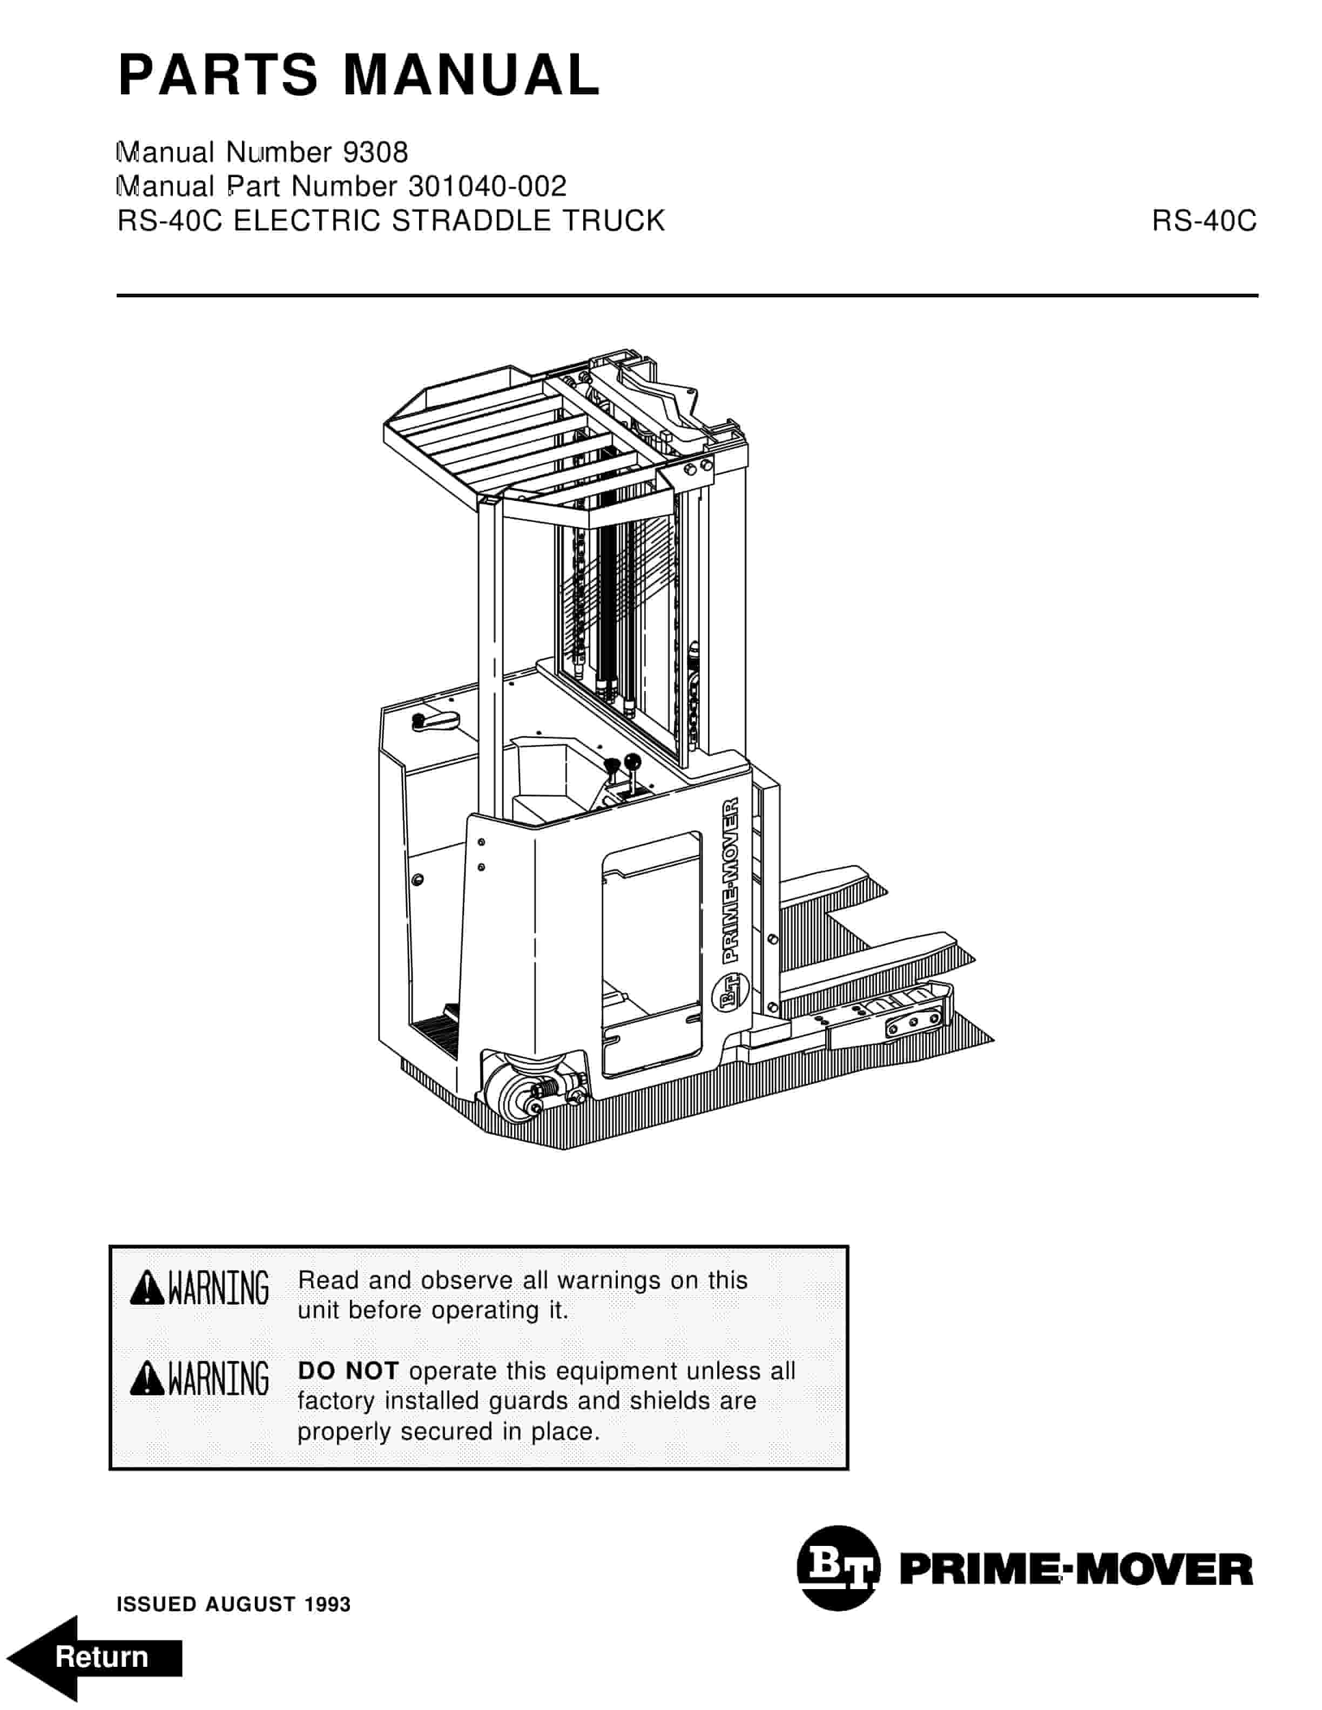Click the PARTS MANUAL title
[x=359, y=76]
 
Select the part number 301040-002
[x=487, y=186]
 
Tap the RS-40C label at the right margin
[x=1204, y=222]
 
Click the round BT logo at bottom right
[x=838, y=1568]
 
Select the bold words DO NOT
[x=348, y=1371]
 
